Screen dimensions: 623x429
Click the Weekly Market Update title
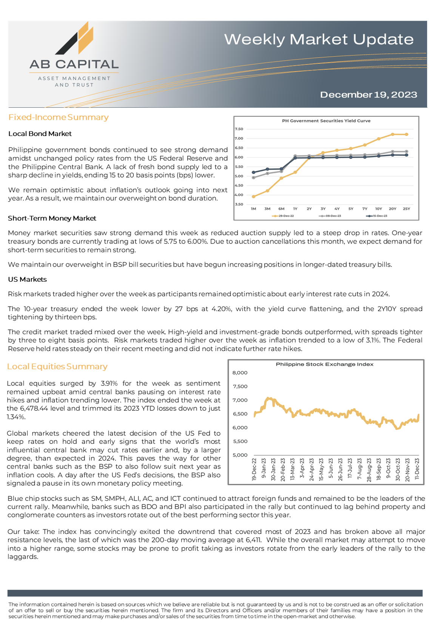pos(319,39)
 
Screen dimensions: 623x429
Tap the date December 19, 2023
pos(368,94)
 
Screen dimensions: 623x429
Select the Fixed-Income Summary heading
pos(59,117)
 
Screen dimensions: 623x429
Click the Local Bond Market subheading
pos(40,134)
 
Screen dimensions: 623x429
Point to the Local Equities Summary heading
pos(57,366)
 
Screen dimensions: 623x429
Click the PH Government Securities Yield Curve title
pos(326,121)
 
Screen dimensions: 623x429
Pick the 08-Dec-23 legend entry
pos(330,216)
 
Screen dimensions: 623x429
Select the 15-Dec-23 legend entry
pos(377,216)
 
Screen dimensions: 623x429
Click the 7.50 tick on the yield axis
pos(239,129)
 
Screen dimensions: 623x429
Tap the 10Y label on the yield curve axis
pos(378,209)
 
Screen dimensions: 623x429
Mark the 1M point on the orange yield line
pos(253,197)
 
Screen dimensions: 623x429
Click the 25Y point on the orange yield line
pos(406,134)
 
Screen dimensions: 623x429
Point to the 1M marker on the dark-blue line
pos(253,173)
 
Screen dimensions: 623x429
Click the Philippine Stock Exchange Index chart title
pos(324,364)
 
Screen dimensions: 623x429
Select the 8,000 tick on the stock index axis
pos(240,373)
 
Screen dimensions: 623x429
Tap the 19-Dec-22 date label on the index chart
pos(254,469)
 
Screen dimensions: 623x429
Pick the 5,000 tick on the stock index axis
pos(240,455)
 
